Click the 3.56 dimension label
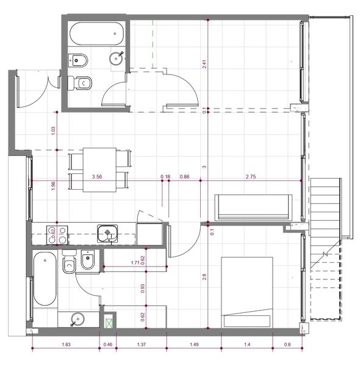(x=97, y=177)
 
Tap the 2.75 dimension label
(x=251, y=177)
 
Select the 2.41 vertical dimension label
(x=204, y=64)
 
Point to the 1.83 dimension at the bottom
(x=66, y=344)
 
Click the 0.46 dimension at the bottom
(x=108, y=344)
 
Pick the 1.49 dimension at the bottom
(x=194, y=344)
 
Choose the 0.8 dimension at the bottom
(x=287, y=344)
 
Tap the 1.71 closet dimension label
(x=135, y=263)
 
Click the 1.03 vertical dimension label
(x=53, y=131)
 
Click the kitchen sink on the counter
(x=107, y=234)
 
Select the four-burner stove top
(x=57, y=235)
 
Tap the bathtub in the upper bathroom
(x=96, y=34)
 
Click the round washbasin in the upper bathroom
(x=116, y=59)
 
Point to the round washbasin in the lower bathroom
(x=77, y=319)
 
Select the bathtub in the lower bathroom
(x=45, y=279)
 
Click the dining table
(x=99, y=170)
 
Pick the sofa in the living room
(x=254, y=207)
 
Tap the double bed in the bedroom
(x=247, y=292)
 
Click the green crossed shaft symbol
(x=109, y=323)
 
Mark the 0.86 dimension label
(x=184, y=177)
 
